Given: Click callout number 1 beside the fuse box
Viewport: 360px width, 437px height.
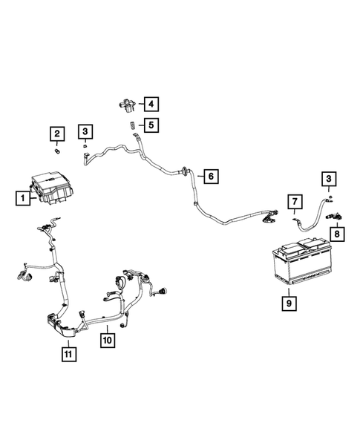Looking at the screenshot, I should pyautogui.click(x=24, y=198).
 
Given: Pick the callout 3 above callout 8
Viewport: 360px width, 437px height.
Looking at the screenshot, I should pyautogui.click(x=327, y=178).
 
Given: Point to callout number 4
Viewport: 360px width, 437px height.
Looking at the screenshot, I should pyautogui.click(x=151, y=104).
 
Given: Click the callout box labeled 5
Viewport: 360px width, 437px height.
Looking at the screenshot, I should pyautogui.click(x=151, y=125).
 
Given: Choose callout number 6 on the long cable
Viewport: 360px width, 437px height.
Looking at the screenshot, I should pyautogui.click(x=210, y=177).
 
